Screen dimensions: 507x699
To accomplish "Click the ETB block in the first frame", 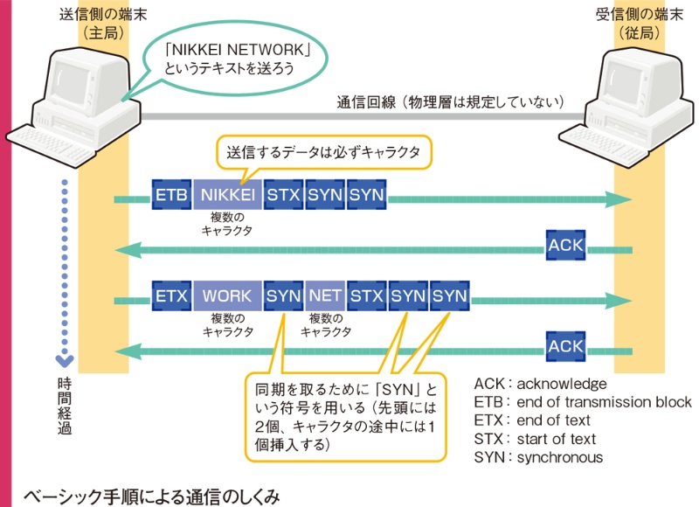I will click(171, 195).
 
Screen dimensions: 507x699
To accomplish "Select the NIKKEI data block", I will click(227, 195).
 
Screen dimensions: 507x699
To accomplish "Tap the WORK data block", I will click(227, 295).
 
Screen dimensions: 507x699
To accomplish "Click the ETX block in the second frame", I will click(171, 295).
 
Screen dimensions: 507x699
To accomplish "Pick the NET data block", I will click(325, 295).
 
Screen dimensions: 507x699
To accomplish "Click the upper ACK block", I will click(566, 246).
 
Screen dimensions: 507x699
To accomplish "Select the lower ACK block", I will click(566, 346).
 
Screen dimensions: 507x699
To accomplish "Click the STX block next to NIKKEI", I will click(284, 195).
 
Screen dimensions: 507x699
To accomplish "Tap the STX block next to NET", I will click(367, 295).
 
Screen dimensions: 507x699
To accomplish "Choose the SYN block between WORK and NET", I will click(284, 295).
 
